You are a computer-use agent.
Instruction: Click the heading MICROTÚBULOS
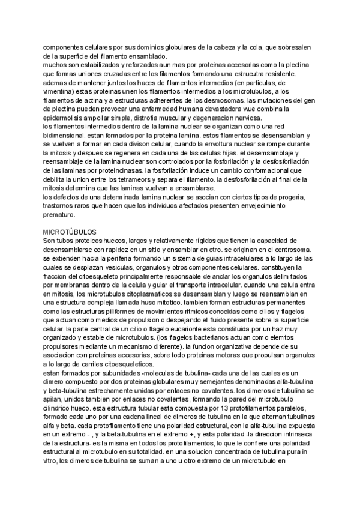click(x=70, y=231)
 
